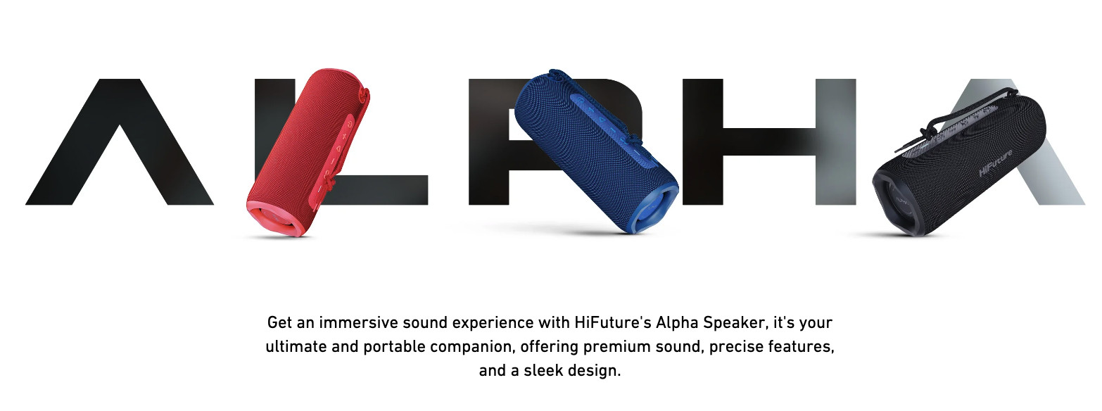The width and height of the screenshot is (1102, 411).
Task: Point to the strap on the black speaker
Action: tap(957, 113)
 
